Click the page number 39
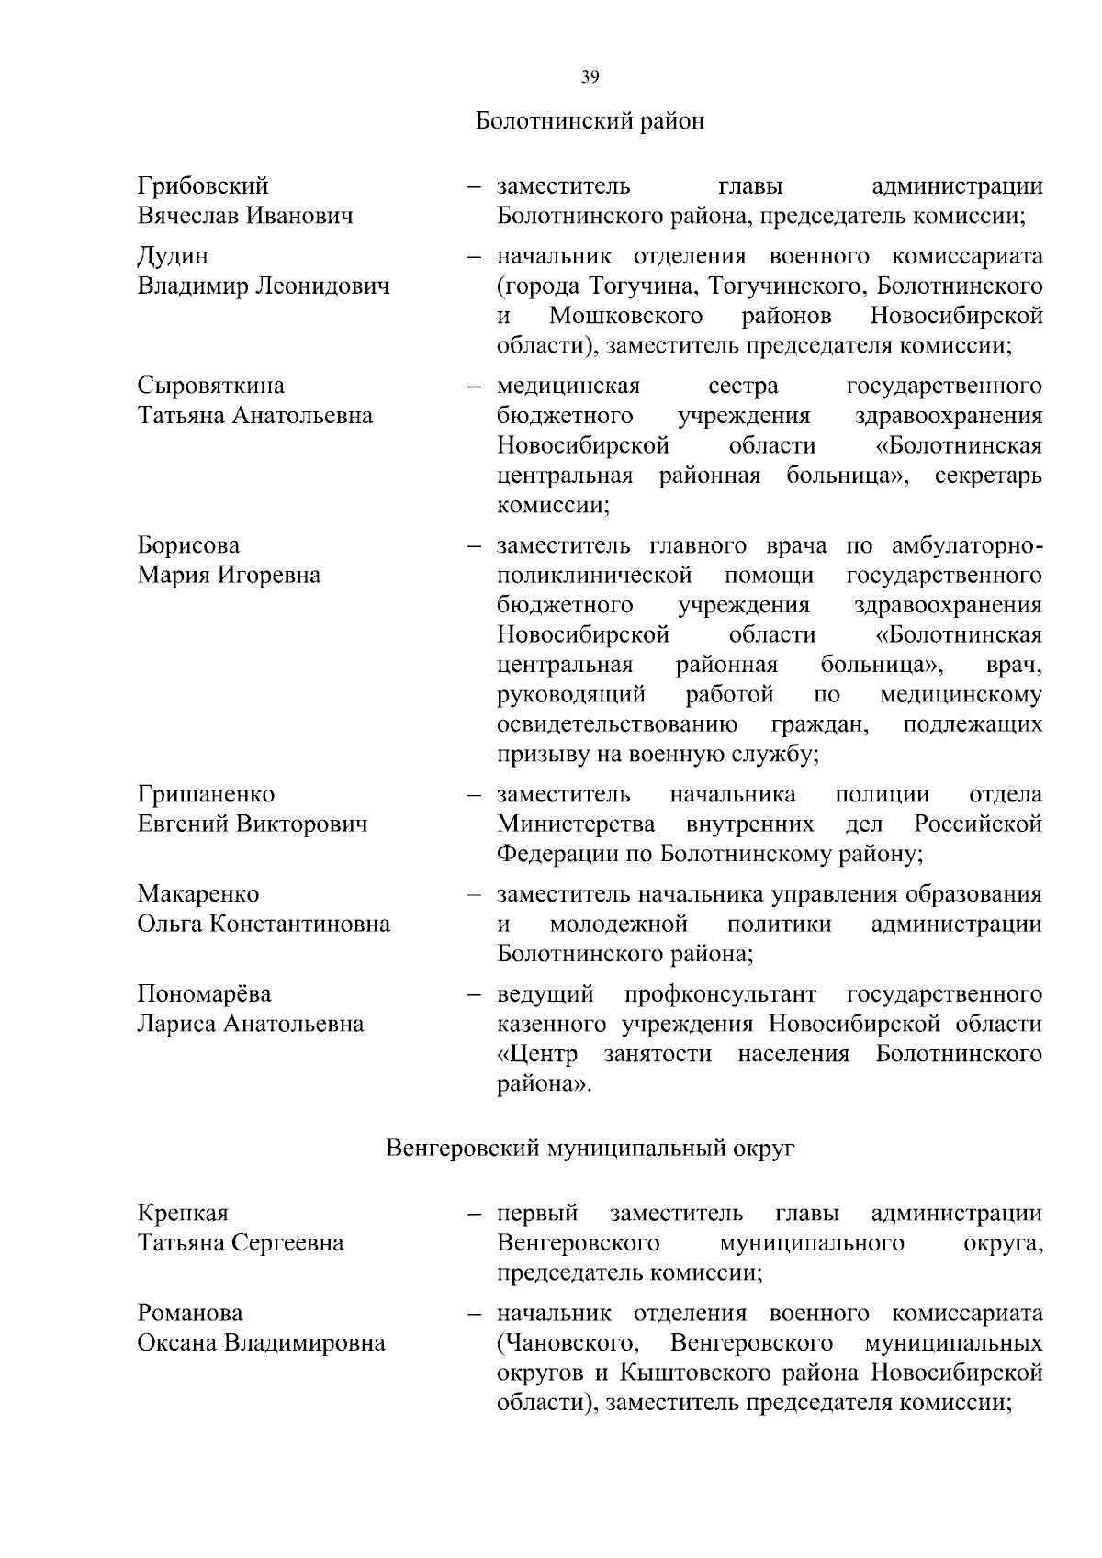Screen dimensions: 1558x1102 tap(590, 77)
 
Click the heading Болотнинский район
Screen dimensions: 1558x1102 tap(590, 120)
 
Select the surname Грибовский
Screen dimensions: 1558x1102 tap(203, 185)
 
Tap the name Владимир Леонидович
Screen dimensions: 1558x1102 tap(264, 286)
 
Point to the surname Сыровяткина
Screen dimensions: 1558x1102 tap(211, 385)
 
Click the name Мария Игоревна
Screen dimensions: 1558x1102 tap(229, 575)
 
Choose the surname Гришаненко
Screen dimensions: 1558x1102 tap(206, 794)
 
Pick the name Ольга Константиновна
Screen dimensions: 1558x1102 tap(264, 924)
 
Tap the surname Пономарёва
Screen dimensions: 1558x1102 tap(204, 994)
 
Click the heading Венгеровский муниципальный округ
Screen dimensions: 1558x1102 tap(590, 1149)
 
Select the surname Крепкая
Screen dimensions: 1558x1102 tap(183, 1213)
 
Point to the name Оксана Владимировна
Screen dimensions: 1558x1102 tap(261, 1343)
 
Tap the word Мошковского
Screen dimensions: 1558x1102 tap(626, 316)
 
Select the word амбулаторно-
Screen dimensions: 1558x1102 tap(966, 545)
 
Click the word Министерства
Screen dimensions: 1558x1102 tap(576, 824)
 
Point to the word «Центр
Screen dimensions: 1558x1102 tap(537, 1054)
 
